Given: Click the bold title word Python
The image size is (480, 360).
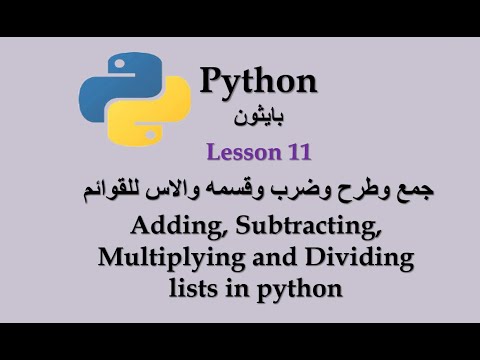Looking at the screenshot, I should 258,82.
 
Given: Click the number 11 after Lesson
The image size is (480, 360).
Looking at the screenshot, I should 298,153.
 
